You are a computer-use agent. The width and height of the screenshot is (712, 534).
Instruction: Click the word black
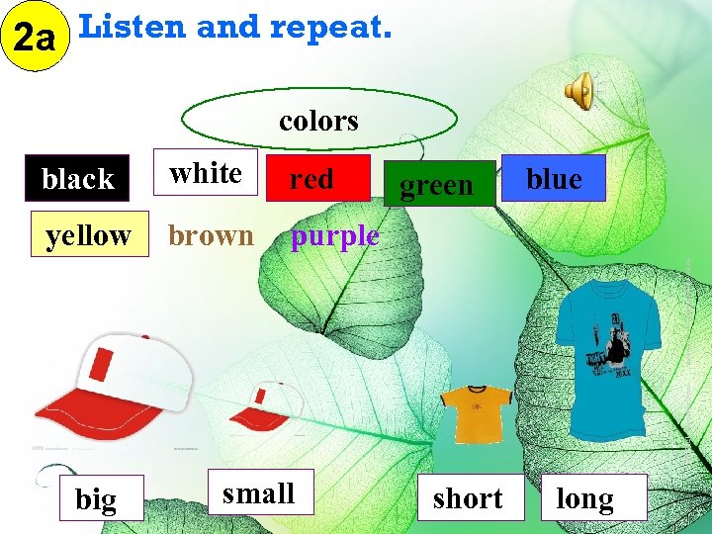78,179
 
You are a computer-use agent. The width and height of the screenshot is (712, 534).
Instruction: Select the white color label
206,173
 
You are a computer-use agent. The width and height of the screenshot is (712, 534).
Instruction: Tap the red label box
311,179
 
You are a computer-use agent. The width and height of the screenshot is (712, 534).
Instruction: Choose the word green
436,185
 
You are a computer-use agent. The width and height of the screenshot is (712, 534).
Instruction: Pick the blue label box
554,178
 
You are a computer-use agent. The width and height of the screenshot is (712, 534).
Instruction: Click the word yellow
88,235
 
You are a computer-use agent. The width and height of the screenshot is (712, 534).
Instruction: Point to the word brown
211,235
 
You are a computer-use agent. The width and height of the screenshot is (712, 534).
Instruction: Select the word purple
334,235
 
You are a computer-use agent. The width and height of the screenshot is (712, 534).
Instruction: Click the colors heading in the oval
318,121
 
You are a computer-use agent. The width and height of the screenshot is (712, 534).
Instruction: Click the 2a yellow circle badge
36,39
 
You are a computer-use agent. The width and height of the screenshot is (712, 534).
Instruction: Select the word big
96,499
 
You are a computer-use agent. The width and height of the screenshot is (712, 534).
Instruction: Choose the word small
258,492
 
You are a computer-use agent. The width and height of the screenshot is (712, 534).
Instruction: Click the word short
468,498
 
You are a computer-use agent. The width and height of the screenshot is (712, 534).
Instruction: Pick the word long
585,498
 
